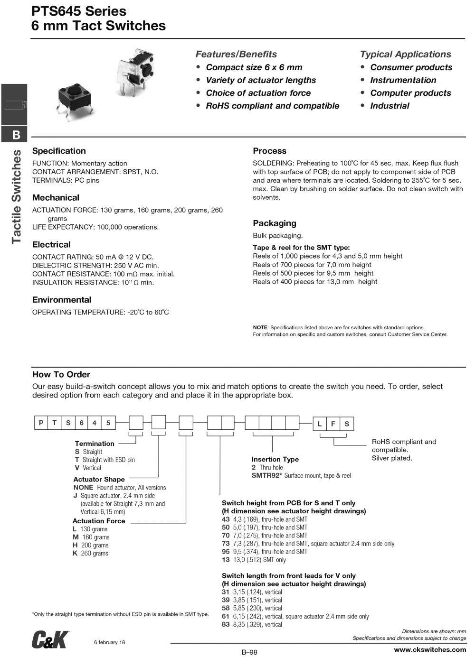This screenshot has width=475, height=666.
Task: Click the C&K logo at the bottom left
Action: tap(50, 640)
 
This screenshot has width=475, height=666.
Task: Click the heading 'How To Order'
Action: tap(61, 374)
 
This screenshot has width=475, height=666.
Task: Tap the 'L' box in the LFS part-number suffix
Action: tap(320, 424)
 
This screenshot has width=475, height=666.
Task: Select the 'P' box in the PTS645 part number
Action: tap(41, 423)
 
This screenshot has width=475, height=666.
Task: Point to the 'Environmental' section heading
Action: tap(61, 300)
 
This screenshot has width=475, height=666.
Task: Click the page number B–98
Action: tap(249, 652)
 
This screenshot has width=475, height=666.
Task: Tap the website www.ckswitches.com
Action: tap(430, 649)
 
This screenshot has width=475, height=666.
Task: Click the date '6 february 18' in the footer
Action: tap(110, 642)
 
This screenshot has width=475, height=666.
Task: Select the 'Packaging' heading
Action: tap(274, 223)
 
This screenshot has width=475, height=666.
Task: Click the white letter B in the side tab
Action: tap(16, 135)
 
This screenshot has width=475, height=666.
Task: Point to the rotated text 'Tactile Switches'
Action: tap(17, 196)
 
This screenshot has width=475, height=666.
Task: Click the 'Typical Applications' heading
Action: tap(405, 54)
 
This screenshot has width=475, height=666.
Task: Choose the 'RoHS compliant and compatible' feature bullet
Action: tap(272, 106)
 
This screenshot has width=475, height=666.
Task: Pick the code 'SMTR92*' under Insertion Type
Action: tap(267, 475)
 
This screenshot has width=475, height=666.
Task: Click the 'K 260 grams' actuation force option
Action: tap(91, 553)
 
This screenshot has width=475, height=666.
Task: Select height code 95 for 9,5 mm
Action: tap(226, 552)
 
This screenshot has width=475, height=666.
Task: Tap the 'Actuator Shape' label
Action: tap(99, 479)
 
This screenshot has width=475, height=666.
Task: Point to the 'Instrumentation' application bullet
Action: tap(403, 80)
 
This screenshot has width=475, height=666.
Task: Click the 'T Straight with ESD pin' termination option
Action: tap(105, 460)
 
